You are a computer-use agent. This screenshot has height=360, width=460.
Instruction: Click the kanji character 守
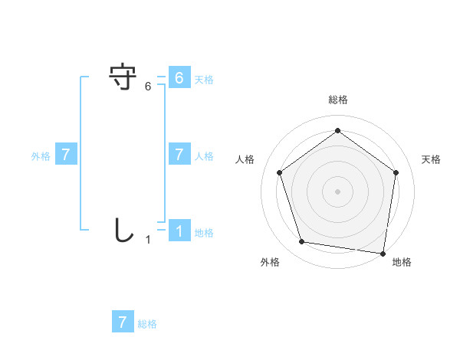[x=123, y=78]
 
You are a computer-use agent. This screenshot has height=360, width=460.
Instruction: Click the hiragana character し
[x=123, y=230]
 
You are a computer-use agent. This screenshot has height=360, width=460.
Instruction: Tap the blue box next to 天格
[x=179, y=78]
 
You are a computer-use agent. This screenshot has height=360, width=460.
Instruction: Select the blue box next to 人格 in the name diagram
[x=179, y=155]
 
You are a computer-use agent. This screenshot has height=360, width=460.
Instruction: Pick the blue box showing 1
[x=179, y=231]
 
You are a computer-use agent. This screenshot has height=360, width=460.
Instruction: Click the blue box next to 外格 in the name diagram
[x=66, y=155]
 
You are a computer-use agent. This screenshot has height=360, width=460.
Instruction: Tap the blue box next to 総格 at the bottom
[x=123, y=322]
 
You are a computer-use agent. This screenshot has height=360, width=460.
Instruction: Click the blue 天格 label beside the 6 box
[x=204, y=79]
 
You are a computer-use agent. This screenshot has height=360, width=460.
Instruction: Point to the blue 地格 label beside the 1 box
[x=204, y=233]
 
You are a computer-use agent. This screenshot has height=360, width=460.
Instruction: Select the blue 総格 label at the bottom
[x=147, y=324]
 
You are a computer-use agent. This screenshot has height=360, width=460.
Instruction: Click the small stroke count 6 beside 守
[x=148, y=87]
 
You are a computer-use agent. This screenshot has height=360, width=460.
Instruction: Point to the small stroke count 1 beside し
[x=148, y=240]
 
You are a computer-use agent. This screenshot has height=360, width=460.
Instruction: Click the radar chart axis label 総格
[x=337, y=100]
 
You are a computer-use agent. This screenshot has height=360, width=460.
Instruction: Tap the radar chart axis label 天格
[x=431, y=159]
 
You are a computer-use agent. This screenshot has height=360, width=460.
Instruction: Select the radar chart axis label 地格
[x=402, y=262]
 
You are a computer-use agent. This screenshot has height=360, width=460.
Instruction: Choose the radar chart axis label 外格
[x=270, y=262]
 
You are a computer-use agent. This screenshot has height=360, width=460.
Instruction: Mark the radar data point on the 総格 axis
[x=337, y=131]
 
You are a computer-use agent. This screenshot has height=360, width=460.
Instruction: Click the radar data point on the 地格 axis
[x=383, y=253]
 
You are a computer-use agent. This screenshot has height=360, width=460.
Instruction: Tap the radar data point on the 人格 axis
[x=279, y=172]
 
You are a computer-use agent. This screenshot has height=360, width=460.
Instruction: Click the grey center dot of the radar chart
[x=337, y=191]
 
